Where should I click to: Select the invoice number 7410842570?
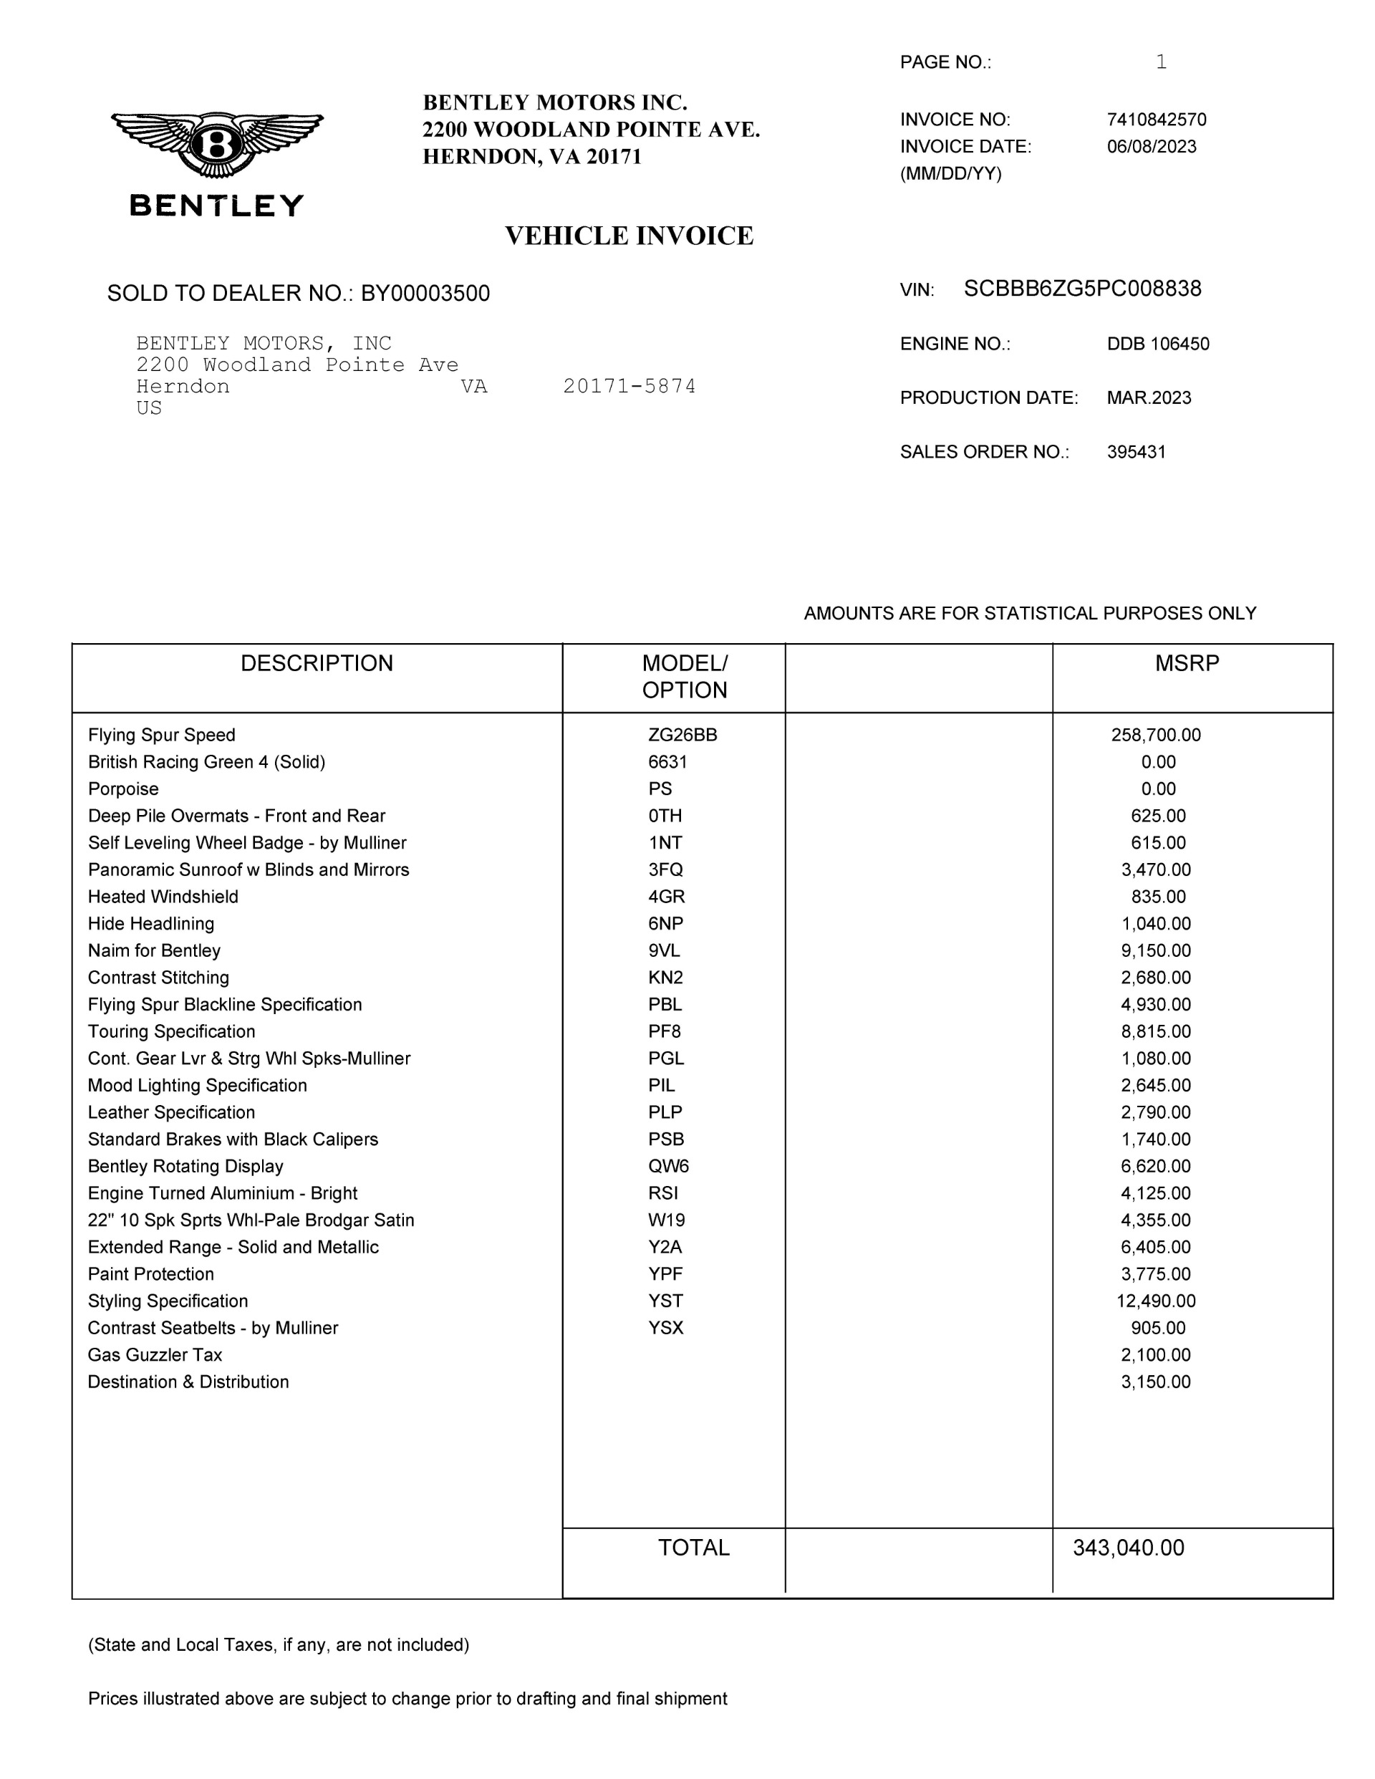pyautogui.click(x=1156, y=120)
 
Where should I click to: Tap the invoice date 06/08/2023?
pyautogui.click(x=1151, y=147)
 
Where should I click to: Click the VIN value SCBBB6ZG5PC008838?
pyautogui.click(x=1082, y=289)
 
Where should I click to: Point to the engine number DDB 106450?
pyautogui.click(x=1157, y=344)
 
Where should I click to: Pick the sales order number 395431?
pyautogui.click(x=1136, y=452)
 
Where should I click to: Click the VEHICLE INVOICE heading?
pyautogui.click(x=629, y=236)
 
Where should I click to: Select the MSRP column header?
pyautogui.click(x=1187, y=663)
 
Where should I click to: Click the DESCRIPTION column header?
pyautogui.click(x=316, y=663)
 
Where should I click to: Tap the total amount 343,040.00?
pyautogui.click(x=1128, y=1548)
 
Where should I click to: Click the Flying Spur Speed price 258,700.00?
pyautogui.click(x=1155, y=735)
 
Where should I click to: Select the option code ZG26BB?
pyautogui.click(x=682, y=735)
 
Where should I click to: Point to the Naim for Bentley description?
pyautogui.click(x=154, y=950)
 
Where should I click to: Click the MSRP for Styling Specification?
pyautogui.click(x=1155, y=1301)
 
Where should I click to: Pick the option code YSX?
pyautogui.click(x=665, y=1328)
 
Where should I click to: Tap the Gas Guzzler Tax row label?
pyautogui.click(x=155, y=1354)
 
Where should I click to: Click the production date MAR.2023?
pyautogui.click(x=1149, y=398)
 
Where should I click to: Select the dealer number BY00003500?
pyautogui.click(x=425, y=294)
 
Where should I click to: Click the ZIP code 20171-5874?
pyautogui.click(x=629, y=386)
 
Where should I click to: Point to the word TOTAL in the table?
pyautogui.click(x=693, y=1548)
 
